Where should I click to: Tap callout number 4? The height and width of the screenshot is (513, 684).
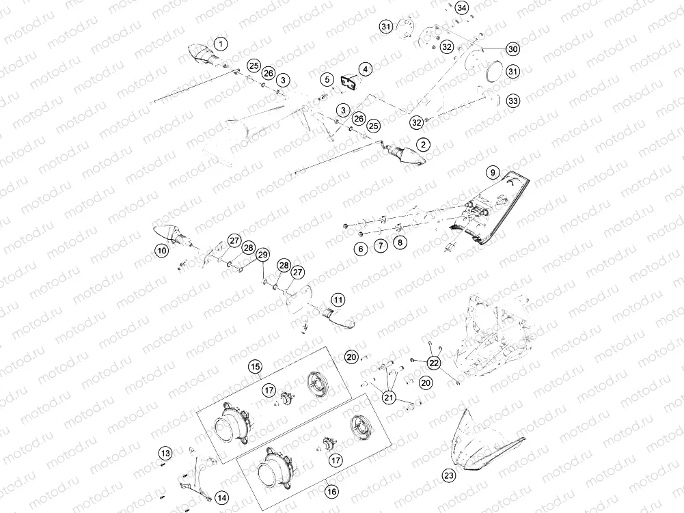[366, 69]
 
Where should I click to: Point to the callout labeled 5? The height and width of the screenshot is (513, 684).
[327, 79]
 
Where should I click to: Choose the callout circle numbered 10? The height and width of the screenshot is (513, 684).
[161, 251]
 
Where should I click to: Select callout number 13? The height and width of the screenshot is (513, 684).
[165, 453]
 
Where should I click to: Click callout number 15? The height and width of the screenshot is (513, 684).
[255, 368]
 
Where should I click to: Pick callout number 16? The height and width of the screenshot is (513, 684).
[331, 491]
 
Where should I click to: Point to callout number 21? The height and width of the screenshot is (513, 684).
[389, 397]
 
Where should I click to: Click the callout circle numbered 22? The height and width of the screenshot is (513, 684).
[433, 363]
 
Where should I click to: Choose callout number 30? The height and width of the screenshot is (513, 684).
[512, 48]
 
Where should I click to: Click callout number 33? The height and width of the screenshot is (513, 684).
[513, 100]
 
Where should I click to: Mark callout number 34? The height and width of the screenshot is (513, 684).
[463, 8]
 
